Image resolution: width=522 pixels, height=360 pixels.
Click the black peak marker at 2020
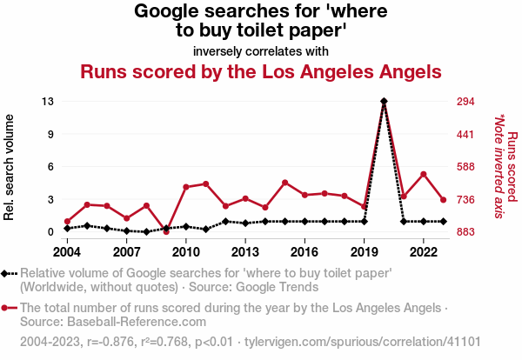[x=384, y=102]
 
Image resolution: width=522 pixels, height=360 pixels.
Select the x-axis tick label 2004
[x=67, y=252]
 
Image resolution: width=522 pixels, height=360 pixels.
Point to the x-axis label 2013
[x=244, y=252]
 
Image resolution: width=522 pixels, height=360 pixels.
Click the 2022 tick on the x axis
[x=423, y=252]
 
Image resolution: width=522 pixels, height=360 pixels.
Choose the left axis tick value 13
[x=49, y=102]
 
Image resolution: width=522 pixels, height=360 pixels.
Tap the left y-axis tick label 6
[x=51, y=167]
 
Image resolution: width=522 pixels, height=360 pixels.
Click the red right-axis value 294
[x=465, y=102]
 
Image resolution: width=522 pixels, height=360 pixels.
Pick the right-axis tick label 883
[x=465, y=232]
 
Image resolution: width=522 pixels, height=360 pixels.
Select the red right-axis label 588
[x=465, y=167]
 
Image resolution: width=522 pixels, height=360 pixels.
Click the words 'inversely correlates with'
[x=260, y=50]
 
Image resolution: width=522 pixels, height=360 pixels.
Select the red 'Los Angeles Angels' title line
[x=261, y=71]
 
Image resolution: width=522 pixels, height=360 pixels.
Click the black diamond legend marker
[x=6, y=273]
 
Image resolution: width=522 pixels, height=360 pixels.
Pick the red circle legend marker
[x=6, y=307]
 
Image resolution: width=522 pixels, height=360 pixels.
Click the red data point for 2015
[x=284, y=183]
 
